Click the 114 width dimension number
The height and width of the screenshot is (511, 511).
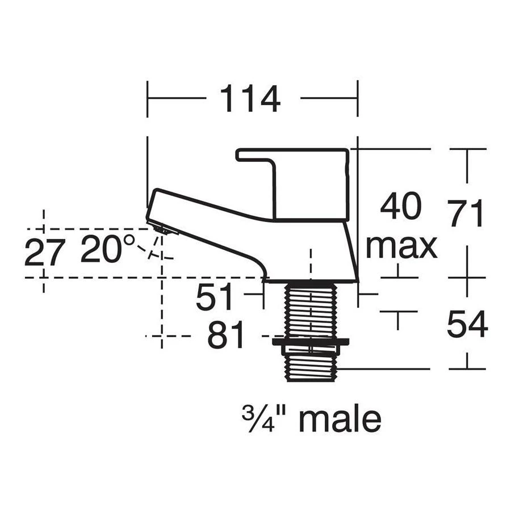pos(250,99)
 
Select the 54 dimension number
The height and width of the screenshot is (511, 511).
pos(467,325)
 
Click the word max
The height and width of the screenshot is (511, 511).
pos(401,246)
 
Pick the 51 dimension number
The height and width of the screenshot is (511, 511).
pos(215,297)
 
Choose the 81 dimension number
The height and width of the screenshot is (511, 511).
pos(225,336)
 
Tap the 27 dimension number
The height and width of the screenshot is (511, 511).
pos(45,252)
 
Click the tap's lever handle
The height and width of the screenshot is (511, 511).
pos(301,182)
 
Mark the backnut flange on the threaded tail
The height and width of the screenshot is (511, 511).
pos(311,343)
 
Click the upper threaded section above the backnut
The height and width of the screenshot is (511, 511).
pos(311,310)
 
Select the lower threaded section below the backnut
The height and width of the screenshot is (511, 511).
pos(311,367)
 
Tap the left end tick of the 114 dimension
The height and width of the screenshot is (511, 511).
pos(147,98)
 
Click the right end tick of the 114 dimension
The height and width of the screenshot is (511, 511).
pos(358,98)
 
